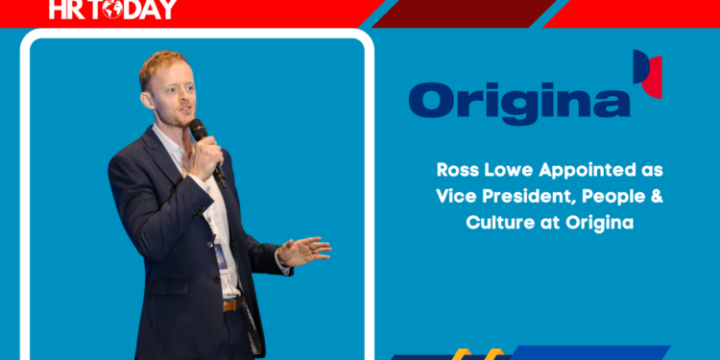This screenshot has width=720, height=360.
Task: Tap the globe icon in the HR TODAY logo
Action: point(113,10)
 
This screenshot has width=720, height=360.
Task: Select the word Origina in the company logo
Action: point(518,102)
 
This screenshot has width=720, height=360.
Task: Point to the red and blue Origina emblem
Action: point(647,74)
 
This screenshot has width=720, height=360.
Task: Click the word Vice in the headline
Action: point(454,197)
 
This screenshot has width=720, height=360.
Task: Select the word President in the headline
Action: point(529,197)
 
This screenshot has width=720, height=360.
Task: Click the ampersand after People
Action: point(658,197)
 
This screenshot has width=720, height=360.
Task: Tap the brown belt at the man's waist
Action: point(231,304)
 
